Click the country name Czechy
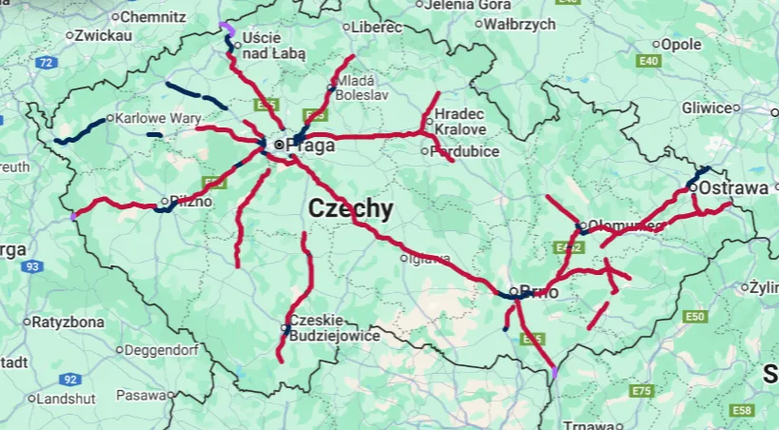tap(350, 209)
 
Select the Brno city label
tap(538, 292)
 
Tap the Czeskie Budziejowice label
tap(335, 328)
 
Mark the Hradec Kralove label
tap(460, 122)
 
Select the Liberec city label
tap(377, 28)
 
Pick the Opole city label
tap(681, 44)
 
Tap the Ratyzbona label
tap(67, 322)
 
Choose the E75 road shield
tap(642, 391)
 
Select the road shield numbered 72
tap(45, 63)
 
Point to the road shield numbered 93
tap(33, 267)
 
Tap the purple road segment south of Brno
tap(555, 372)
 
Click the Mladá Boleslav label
tap(354, 88)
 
